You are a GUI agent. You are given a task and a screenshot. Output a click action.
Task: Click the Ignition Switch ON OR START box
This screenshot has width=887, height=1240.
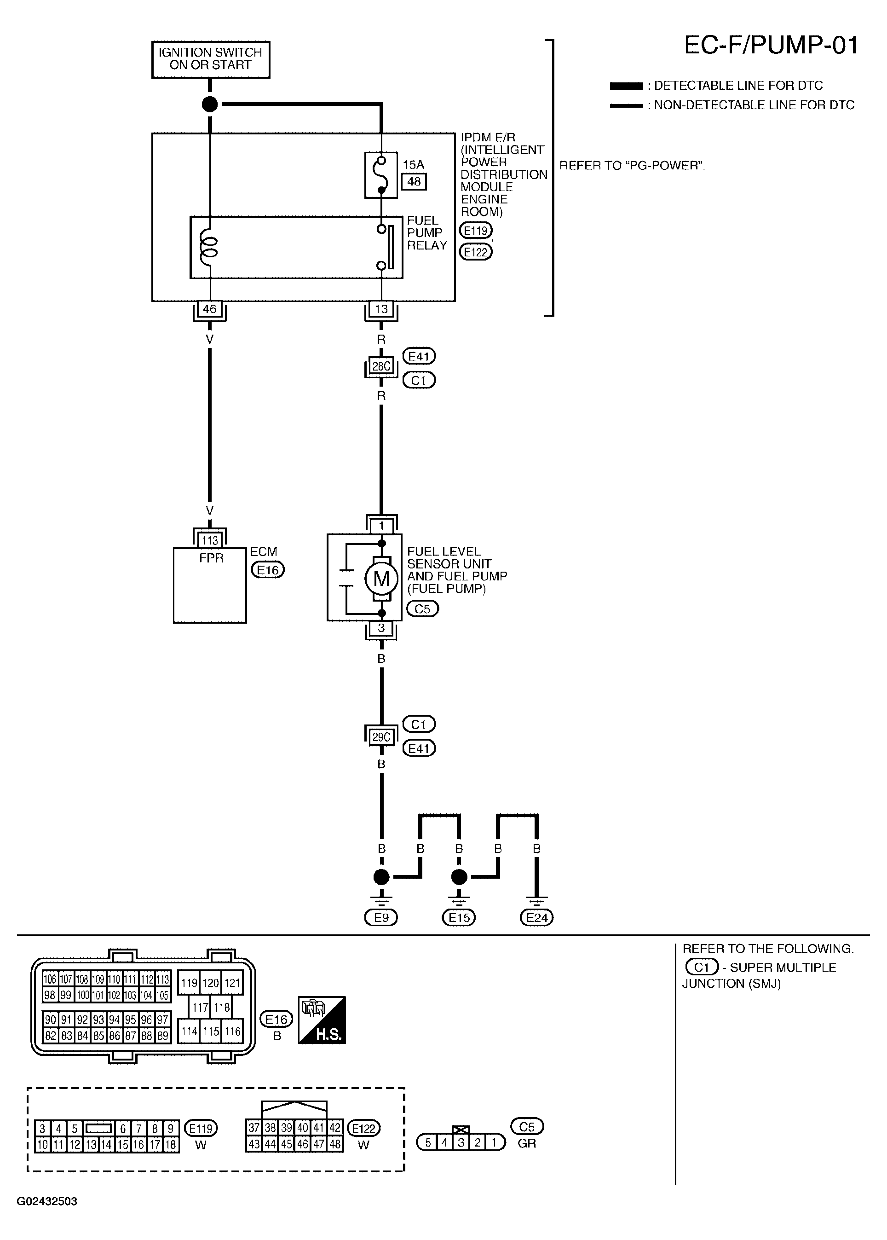pos(210,59)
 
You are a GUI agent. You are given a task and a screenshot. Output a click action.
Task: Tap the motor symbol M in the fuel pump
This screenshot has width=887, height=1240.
pos(381,578)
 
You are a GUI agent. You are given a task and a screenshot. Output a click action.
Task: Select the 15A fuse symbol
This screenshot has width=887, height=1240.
pos(381,175)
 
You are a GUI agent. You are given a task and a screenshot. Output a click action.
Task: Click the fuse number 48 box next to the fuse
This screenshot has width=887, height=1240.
pos(414,181)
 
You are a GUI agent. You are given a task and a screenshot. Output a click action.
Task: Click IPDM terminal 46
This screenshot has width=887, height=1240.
pos(210,309)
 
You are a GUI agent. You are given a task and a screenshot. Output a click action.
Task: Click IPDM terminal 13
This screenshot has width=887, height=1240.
pos(381,309)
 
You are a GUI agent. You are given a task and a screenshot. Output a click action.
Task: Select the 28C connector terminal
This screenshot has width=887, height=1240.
pos(381,365)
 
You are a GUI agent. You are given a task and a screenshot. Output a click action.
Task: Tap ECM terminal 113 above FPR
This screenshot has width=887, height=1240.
pos(210,540)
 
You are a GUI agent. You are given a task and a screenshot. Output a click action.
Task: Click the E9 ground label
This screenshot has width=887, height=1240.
pos(381,917)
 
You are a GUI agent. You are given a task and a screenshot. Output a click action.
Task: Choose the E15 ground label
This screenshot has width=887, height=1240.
pos(459,917)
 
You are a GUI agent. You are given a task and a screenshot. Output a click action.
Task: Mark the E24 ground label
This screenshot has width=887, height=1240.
pos(537,917)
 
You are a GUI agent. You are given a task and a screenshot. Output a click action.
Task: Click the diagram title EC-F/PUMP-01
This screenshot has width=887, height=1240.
pos(771,45)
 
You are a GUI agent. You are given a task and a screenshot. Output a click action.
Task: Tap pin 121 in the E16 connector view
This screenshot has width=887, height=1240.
pos(232,983)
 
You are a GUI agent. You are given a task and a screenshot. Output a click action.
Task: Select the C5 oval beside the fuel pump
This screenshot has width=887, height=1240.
pos(423,609)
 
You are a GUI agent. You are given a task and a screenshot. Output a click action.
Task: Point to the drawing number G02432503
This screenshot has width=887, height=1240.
pos(47,1201)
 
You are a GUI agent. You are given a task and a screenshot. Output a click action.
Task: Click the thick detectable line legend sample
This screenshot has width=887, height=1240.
pos(627,86)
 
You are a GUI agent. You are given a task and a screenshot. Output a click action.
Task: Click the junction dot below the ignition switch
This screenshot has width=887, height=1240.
pos(210,104)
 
